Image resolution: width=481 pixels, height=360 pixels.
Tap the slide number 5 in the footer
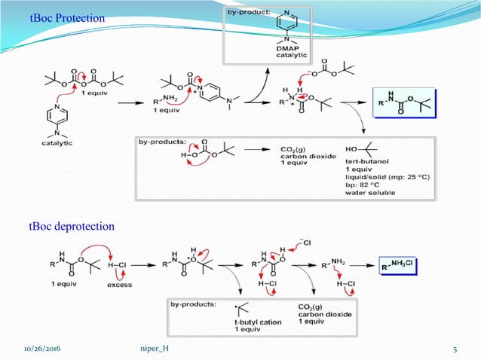point(455,348)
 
